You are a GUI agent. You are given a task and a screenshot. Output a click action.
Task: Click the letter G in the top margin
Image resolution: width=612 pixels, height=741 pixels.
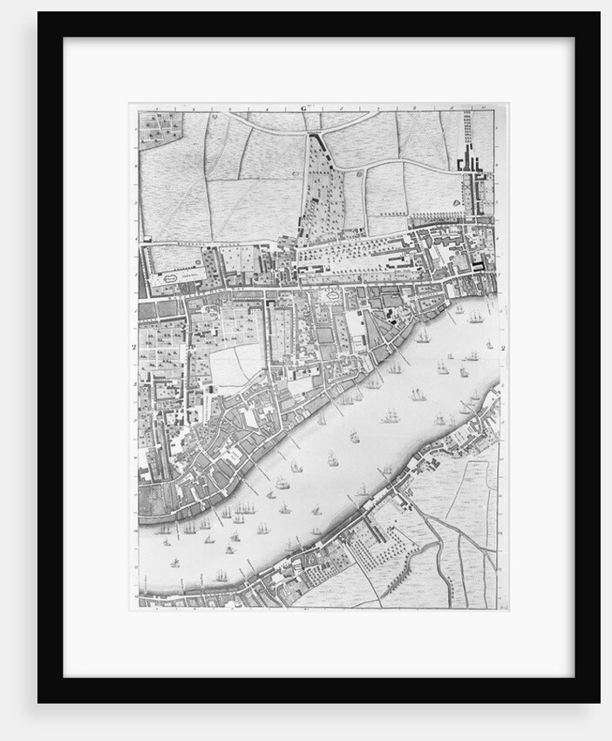[304, 109]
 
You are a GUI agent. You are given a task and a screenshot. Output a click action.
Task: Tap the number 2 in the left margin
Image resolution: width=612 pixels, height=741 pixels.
[134, 347]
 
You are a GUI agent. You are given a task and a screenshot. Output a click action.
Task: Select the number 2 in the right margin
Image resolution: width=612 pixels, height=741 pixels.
[505, 348]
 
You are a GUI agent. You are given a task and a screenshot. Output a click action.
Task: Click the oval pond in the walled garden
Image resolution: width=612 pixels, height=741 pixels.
[172, 278]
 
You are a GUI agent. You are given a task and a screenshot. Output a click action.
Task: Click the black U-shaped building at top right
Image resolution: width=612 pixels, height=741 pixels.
[469, 161]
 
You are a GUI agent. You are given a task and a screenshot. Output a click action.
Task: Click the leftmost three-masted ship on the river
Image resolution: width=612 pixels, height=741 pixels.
[164, 529]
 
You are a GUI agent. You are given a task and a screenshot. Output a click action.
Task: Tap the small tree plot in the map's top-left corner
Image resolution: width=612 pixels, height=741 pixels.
[160, 126]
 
